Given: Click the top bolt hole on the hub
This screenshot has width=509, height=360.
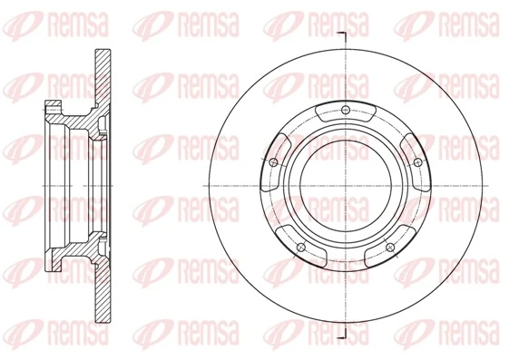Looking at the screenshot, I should (347, 112).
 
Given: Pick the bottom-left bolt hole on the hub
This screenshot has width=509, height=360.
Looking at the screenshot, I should (300, 246).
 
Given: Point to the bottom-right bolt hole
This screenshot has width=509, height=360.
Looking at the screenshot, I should (390, 247).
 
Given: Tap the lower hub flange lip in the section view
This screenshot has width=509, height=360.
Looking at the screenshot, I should (49, 253).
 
